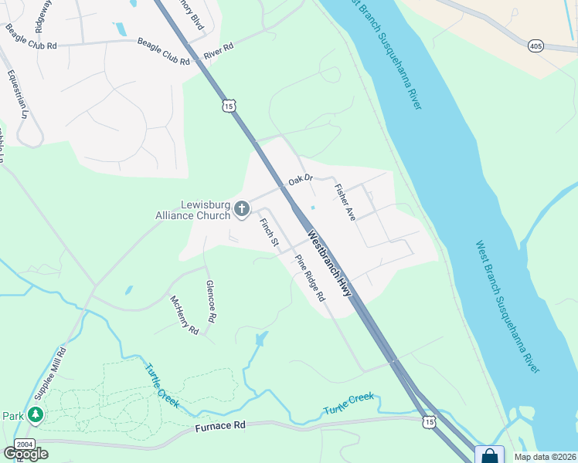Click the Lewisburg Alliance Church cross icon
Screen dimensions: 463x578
[242, 208]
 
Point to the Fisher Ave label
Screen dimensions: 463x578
[344, 202]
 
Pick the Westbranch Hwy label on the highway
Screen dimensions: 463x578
[329, 264]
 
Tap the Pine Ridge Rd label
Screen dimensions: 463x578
[310, 276]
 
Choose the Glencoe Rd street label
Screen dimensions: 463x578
[211, 300]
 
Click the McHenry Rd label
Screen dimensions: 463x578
[185, 315]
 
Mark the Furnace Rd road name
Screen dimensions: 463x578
[220, 425]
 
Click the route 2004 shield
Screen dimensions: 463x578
[24, 444]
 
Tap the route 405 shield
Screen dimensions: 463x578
[535, 47]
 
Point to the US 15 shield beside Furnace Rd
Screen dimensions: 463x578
[429, 421]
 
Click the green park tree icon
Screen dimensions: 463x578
[35, 415]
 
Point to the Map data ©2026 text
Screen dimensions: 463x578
[545, 457]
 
